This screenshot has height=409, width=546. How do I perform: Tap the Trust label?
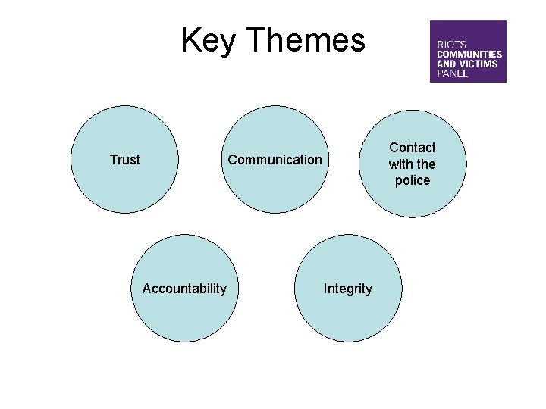(x=124, y=160)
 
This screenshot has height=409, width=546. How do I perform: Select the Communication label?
(x=275, y=160)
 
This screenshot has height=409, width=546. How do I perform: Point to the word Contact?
(x=413, y=148)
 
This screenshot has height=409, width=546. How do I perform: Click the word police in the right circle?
(x=413, y=180)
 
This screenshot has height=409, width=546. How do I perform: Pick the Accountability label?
(x=184, y=288)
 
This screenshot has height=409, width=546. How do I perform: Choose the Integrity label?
(x=348, y=289)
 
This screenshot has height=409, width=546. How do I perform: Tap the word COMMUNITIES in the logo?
(x=469, y=55)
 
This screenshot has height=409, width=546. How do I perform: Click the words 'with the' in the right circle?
(x=413, y=164)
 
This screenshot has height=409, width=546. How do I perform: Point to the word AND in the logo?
(x=445, y=64)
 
